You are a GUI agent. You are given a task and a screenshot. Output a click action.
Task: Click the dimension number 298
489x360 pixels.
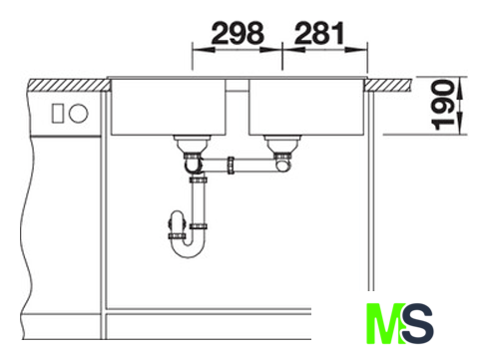[238, 33]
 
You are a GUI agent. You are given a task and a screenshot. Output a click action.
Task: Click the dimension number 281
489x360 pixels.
[319, 33]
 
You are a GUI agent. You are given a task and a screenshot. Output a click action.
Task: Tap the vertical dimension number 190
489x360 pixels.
[443, 105]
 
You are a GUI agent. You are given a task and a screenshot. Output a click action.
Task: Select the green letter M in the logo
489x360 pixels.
[386, 323]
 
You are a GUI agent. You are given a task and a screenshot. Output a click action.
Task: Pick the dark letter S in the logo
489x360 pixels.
[417, 323]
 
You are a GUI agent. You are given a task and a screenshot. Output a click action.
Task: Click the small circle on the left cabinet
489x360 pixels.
[79, 113]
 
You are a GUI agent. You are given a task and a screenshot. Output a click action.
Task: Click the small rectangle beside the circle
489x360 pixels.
[57, 113]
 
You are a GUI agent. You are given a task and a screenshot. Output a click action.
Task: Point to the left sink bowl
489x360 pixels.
[169, 107]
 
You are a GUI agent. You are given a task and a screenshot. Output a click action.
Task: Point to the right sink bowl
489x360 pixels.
[307, 107]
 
